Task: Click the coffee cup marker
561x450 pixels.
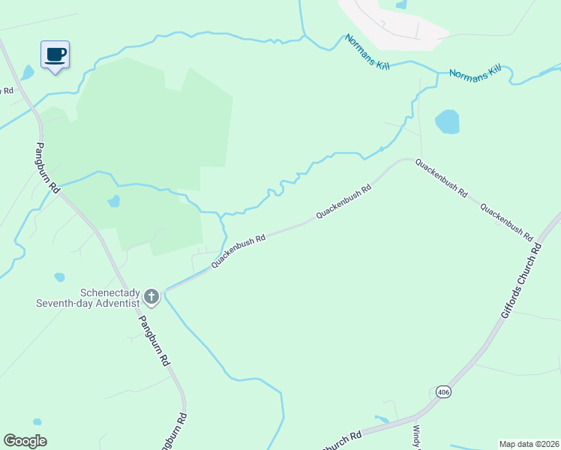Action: click(55, 55)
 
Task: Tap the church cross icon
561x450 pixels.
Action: click(151, 297)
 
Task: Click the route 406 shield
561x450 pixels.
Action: click(443, 391)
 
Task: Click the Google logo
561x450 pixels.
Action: click(25, 441)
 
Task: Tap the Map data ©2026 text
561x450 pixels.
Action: click(529, 444)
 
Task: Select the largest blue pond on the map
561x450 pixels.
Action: click(447, 121)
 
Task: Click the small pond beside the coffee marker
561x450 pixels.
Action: click(28, 73)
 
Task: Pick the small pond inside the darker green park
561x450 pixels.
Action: click(113, 201)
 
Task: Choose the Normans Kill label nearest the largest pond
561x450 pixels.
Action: click(475, 73)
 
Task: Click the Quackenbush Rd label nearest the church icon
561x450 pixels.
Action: click(238, 251)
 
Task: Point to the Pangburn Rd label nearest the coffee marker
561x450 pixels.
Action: click(47, 168)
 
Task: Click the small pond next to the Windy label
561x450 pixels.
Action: click(382, 419)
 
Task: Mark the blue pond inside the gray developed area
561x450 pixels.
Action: click(401, 4)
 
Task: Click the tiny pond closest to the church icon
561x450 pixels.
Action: click(59, 277)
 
